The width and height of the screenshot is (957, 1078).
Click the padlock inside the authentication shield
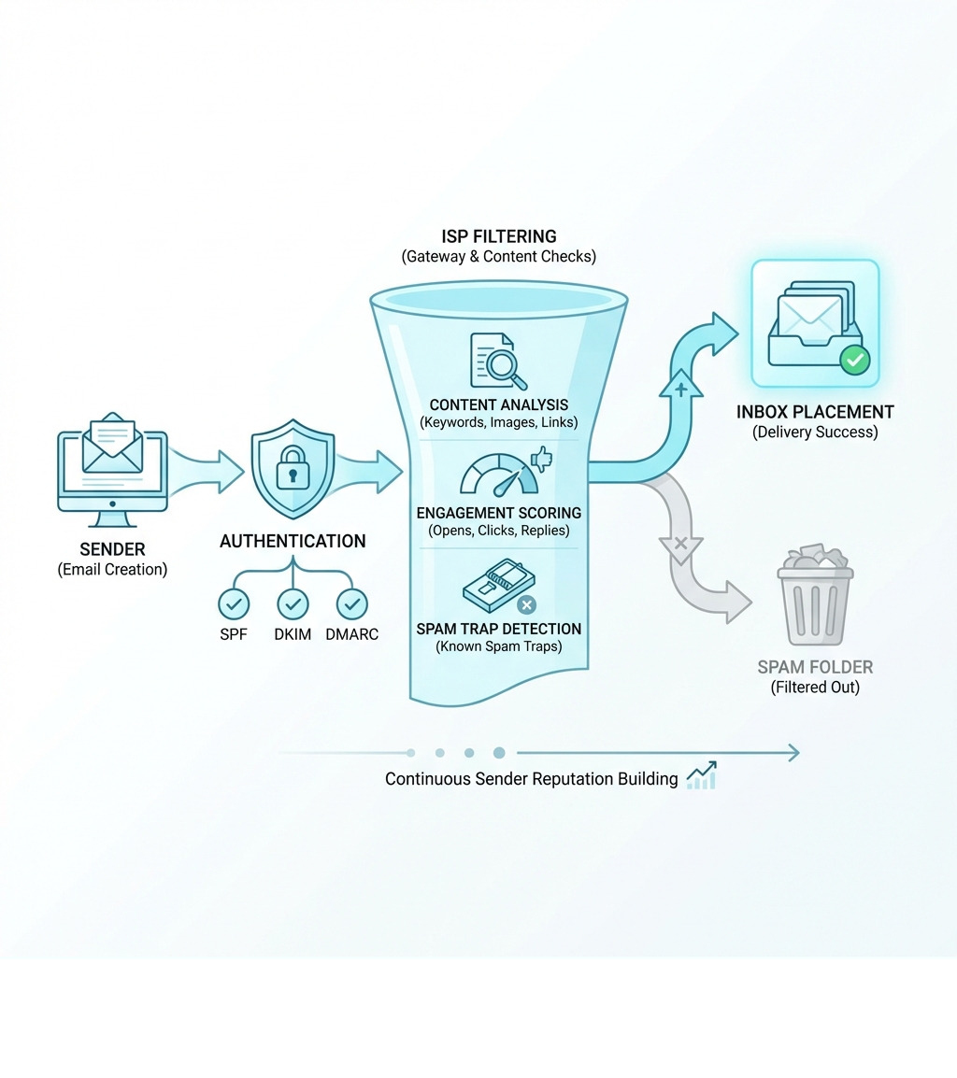point(293,467)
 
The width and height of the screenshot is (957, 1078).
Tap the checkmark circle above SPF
point(234,604)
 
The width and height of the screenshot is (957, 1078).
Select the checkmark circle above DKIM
point(293,604)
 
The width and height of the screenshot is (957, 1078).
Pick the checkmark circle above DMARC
point(351,604)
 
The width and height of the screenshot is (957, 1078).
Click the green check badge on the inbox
point(854,359)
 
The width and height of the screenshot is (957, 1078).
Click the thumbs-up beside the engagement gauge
point(541,458)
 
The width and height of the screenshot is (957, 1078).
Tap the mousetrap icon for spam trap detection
point(493,585)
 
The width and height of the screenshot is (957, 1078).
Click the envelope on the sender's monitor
point(113,443)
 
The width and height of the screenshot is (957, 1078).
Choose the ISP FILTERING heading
point(498,236)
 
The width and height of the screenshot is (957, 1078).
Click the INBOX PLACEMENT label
point(815,412)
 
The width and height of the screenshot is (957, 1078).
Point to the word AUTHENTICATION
point(293,541)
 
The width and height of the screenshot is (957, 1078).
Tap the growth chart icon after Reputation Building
point(702,776)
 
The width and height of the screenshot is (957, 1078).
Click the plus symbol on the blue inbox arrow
point(681,389)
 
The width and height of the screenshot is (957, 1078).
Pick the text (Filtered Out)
point(815,688)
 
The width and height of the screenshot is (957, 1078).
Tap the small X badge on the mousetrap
point(527,604)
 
